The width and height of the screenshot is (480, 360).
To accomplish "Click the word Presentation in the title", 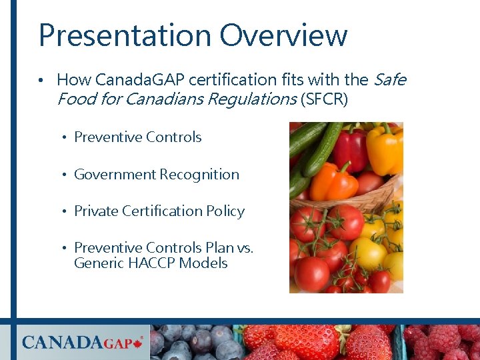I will [125, 35].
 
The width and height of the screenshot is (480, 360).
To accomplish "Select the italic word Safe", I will [389, 80].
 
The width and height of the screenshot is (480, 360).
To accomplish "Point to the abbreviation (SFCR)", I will [324, 100].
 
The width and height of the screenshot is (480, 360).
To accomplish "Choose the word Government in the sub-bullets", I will [114, 175].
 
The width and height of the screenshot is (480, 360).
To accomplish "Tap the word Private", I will [95, 211].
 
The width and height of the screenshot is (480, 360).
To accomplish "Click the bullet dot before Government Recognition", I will [67, 175].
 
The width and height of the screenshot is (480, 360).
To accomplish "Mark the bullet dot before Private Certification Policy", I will [67, 212].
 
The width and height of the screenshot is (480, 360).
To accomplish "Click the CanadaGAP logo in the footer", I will [81, 343].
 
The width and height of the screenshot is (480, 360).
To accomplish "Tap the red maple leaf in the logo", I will [139, 343].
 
